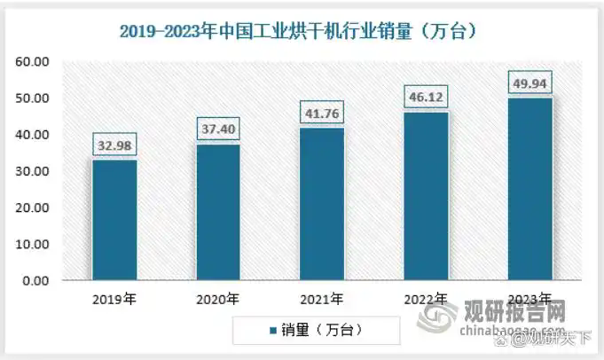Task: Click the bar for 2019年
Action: (115, 220)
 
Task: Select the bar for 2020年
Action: (219, 212)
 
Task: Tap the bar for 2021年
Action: (322, 204)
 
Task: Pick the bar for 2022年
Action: (426, 196)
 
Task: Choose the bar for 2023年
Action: (529, 189)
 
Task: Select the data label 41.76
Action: (322, 114)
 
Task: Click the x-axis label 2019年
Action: (115, 299)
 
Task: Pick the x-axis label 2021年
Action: (322, 299)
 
